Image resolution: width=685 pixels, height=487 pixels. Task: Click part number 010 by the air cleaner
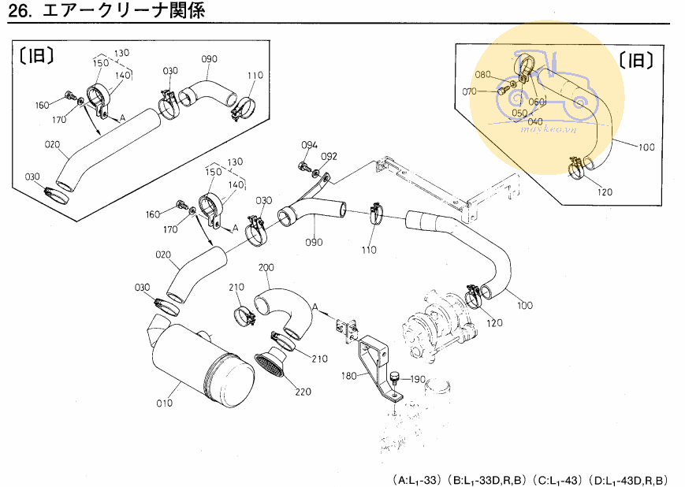click(x=164, y=403)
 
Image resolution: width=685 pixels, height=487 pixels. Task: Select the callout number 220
click(x=303, y=391)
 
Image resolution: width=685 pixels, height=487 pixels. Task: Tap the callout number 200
click(x=266, y=268)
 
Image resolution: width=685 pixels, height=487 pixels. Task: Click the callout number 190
click(x=418, y=379)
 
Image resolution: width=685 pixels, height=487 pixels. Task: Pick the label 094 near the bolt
click(x=310, y=145)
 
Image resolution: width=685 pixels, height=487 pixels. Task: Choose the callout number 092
click(x=329, y=156)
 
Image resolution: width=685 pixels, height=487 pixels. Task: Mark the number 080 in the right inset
click(x=483, y=76)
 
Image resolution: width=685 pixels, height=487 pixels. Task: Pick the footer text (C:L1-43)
click(x=558, y=478)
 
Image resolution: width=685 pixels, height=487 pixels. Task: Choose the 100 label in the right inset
click(x=646, y=147)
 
